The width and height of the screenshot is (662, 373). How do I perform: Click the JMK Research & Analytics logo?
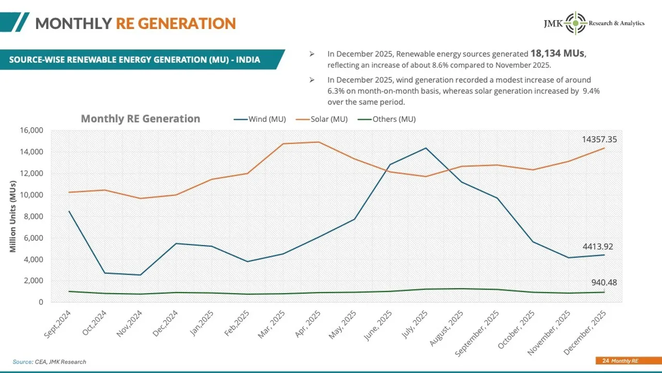coord(593,23)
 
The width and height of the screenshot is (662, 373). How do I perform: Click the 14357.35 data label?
coord(599,139)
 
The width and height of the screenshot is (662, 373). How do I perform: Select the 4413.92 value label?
coord(597,247)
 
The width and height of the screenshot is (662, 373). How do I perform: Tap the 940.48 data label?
coord(604,282)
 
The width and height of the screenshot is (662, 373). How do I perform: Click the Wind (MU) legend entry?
coord(260,119)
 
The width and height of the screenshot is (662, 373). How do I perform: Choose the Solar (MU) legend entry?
coord(322,119)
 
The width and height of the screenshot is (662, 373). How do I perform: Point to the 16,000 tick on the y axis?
coord(32,131)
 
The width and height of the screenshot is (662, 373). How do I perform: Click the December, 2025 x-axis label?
coord(585,332)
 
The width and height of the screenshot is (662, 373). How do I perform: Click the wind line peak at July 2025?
coord(426,148)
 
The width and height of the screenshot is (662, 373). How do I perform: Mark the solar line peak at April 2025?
coord(319,142)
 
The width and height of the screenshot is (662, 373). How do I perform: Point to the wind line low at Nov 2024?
coord(141,275)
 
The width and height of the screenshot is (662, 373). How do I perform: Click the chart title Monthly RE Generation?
coord(140,119)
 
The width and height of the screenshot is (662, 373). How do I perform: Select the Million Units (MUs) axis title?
coord(13,217)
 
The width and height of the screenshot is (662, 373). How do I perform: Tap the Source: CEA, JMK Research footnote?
coord(49,362)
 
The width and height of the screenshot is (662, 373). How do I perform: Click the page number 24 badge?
coord(606,361)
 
